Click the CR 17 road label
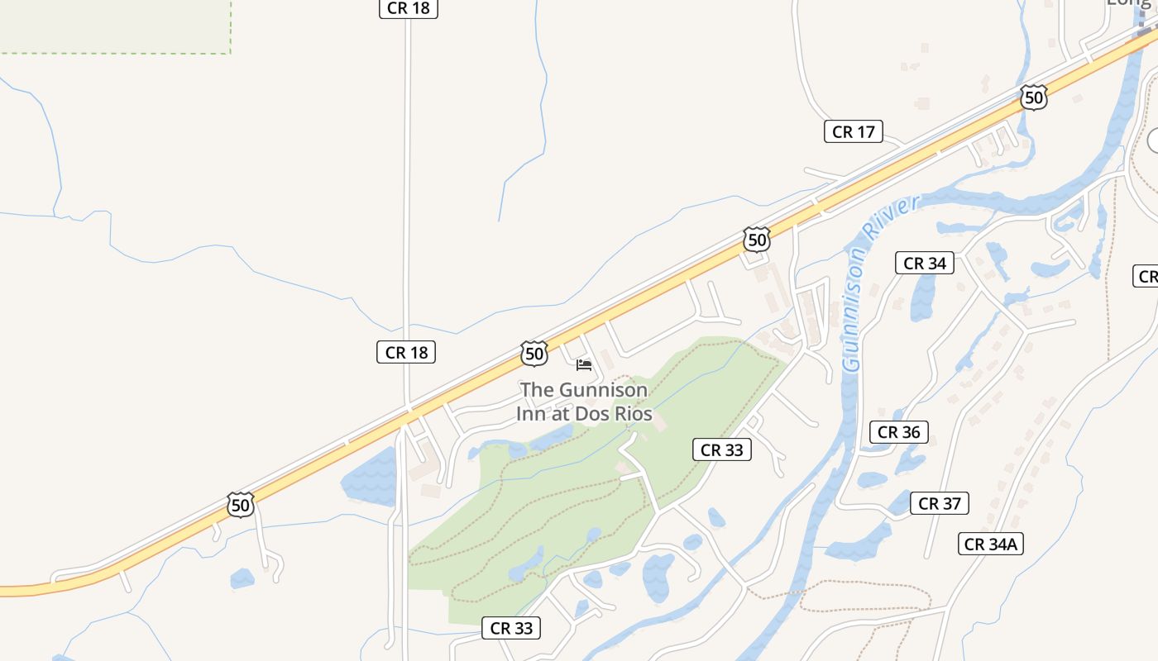(x=854, y=131)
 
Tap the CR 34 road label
(x=925, y=263)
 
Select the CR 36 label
(x=899, y=431)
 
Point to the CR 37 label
(x=940, y=503)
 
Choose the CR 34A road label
(x=992, y=544)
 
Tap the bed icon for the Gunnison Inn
(x=584, y=364)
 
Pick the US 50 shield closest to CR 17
(x=1033, y=97)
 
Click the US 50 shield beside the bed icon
(x=534, y=354)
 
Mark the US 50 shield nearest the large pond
(x=240, y=504)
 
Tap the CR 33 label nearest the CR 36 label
(x=722, y=449)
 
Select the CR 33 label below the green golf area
(x=511, y=628)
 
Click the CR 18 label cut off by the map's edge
(x=408, y=8)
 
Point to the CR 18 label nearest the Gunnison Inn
(x=405, y=352)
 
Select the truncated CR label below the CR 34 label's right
(x=1146, y=277)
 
